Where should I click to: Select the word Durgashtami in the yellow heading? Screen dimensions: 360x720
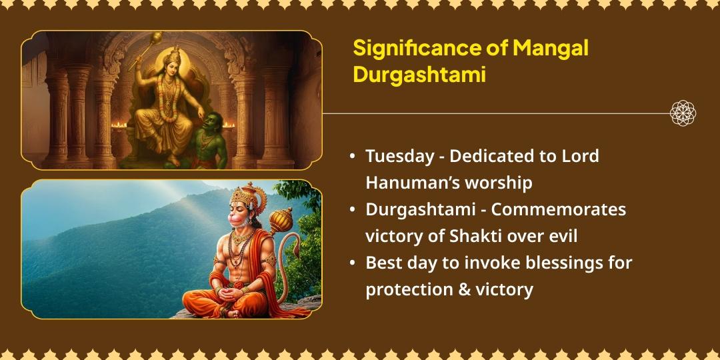click(x=419, y=75)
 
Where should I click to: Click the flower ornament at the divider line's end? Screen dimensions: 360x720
click(x=683, y=113)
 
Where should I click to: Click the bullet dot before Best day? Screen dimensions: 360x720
click(x=352, y=263)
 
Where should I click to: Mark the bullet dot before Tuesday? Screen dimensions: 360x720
click(x=352, y=157)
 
